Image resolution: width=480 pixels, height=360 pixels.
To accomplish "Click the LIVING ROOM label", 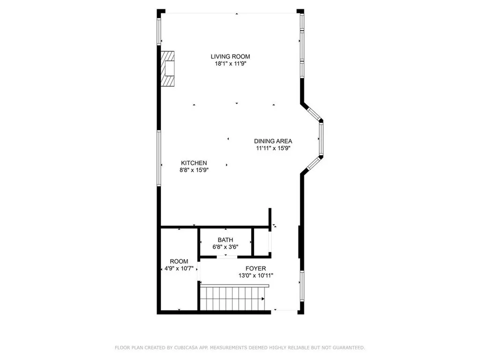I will coord(230,57).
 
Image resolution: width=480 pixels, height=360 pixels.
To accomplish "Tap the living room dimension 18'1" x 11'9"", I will coord(230,64).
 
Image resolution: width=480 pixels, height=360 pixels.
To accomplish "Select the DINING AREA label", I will coord(273,141).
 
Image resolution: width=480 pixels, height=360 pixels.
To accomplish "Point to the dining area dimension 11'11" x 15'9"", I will coord(273,148).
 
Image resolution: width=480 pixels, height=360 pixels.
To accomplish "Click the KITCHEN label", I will coord(194,163).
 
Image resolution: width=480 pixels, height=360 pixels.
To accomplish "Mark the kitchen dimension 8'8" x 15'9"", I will coord(194,170).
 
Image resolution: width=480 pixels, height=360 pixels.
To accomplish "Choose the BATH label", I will coord(225,240).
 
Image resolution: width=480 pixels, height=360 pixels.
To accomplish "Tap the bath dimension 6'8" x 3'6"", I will coord(225,247).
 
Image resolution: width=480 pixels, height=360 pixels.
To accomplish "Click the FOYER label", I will coord(255,269).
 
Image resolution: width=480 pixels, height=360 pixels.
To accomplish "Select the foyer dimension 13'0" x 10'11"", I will coord(255,276).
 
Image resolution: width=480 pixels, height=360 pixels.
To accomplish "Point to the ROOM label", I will coord(179,262).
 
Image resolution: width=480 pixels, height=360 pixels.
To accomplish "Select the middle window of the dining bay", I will coord(321,139).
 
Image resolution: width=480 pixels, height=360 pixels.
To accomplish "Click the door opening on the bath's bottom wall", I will coord(226,256).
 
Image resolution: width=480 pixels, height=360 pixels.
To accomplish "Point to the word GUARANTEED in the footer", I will coord(348,348).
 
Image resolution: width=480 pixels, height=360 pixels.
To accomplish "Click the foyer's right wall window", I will coord(302,285).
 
